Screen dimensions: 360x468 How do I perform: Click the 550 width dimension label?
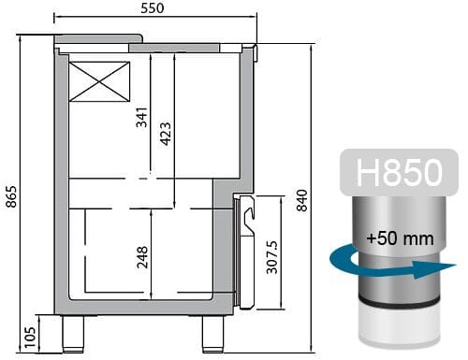pyautogui.click(x=154, y=8)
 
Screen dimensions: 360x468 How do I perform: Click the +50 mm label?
pyautogui.click(x=400, y=238)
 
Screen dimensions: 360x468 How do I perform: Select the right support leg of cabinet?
pyautogui.click(x=212, y=334)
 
